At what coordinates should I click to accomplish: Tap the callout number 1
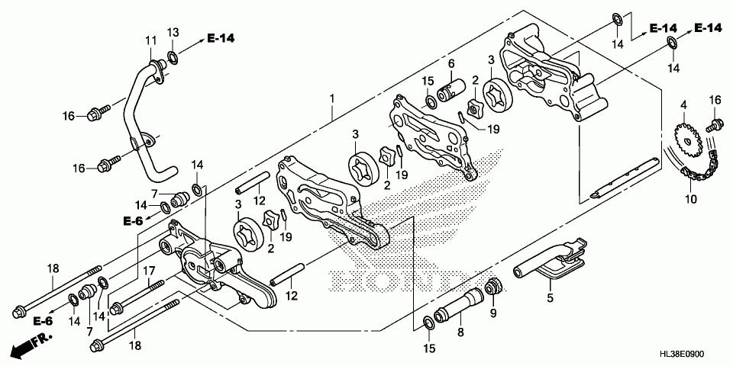tap(331, 98)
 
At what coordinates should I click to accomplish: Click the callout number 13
tap(173, 31)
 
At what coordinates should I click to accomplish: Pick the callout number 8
tap(460, 332)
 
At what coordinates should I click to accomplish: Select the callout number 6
tap(451, 63)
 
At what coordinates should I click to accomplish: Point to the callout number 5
tap(550, 298)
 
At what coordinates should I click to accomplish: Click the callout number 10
tap(691, 200)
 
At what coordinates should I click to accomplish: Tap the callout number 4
tap(683, 104)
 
